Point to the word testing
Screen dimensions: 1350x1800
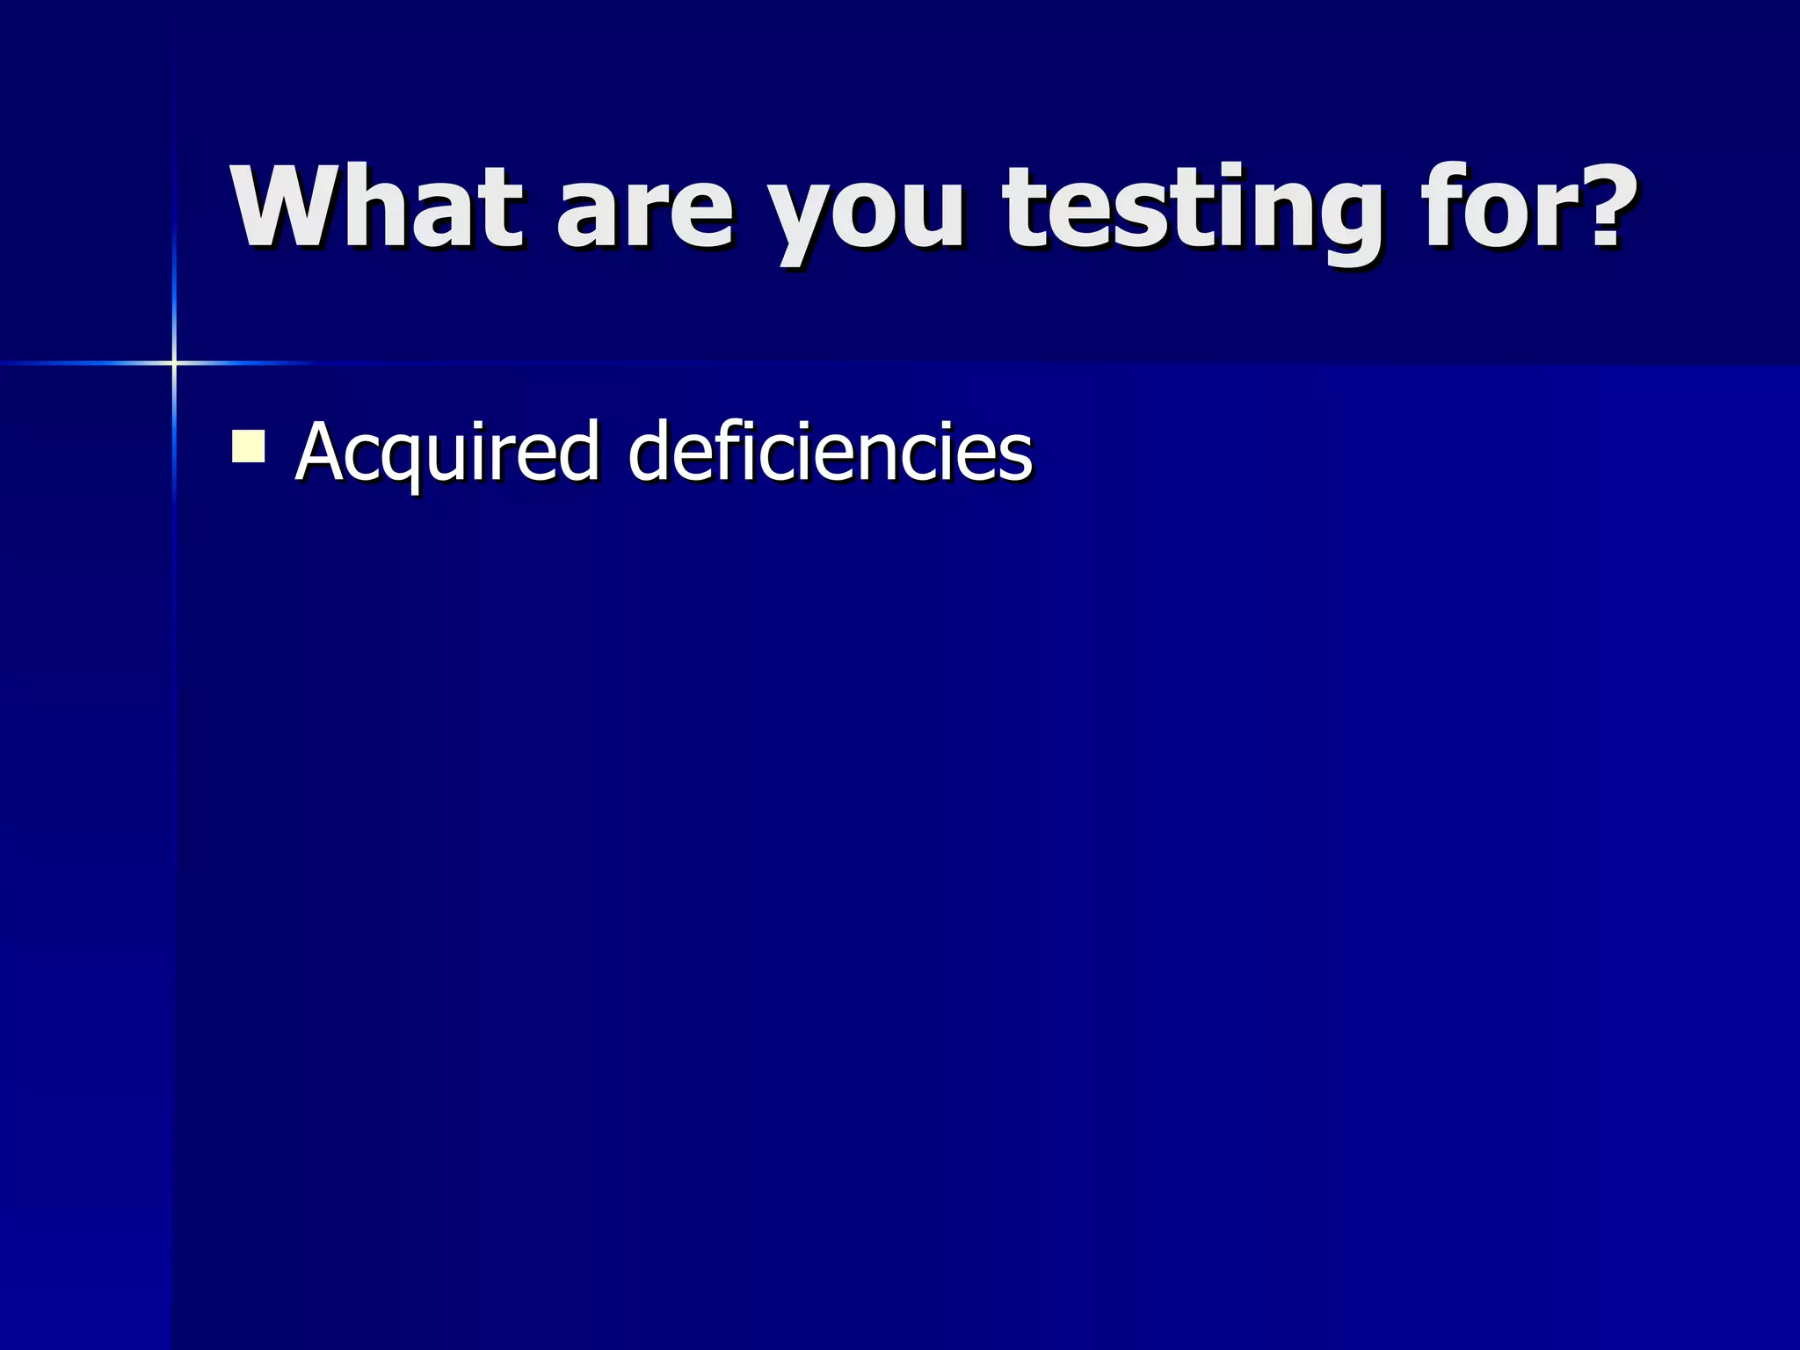(1192, 211)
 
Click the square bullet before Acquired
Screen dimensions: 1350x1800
(248, 446)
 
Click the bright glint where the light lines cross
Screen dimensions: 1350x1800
(174, 362)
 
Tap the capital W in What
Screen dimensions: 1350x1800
(287, 207)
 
